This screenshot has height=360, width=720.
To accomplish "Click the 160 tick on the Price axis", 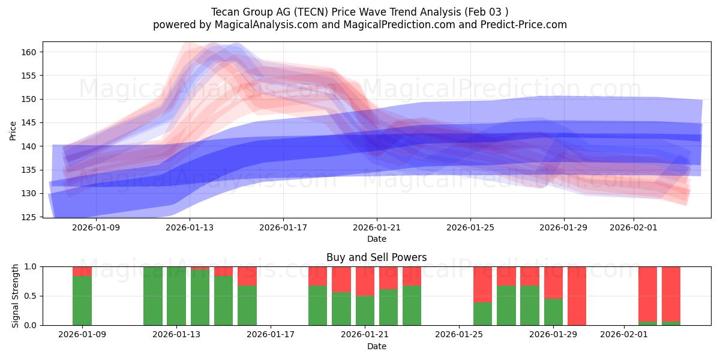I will point(31,52).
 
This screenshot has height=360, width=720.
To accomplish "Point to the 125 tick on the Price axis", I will point(31,217).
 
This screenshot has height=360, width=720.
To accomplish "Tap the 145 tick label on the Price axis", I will point(31,122).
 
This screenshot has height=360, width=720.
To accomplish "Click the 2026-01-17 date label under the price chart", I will point(283,227).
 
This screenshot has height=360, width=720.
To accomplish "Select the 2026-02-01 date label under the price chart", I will point(634,227).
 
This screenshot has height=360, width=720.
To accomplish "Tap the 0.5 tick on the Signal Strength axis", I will point(31,296).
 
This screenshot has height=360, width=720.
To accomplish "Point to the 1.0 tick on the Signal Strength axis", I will point(31,266).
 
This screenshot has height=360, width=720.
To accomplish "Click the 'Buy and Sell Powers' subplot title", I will point(376,257).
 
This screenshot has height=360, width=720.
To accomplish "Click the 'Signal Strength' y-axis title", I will point(16,296).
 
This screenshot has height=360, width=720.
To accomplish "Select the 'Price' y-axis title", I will point(13,130).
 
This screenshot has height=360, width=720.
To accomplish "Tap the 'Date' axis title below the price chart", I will point(376,239).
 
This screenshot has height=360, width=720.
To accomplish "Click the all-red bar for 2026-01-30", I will point(577,296).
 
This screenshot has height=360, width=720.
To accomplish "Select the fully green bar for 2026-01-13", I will point(176,296).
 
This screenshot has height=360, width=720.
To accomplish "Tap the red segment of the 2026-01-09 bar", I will point(82,271).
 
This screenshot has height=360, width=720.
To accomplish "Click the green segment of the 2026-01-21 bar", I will point(365,310).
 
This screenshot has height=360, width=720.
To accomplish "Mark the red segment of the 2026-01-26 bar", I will point(482,284).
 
